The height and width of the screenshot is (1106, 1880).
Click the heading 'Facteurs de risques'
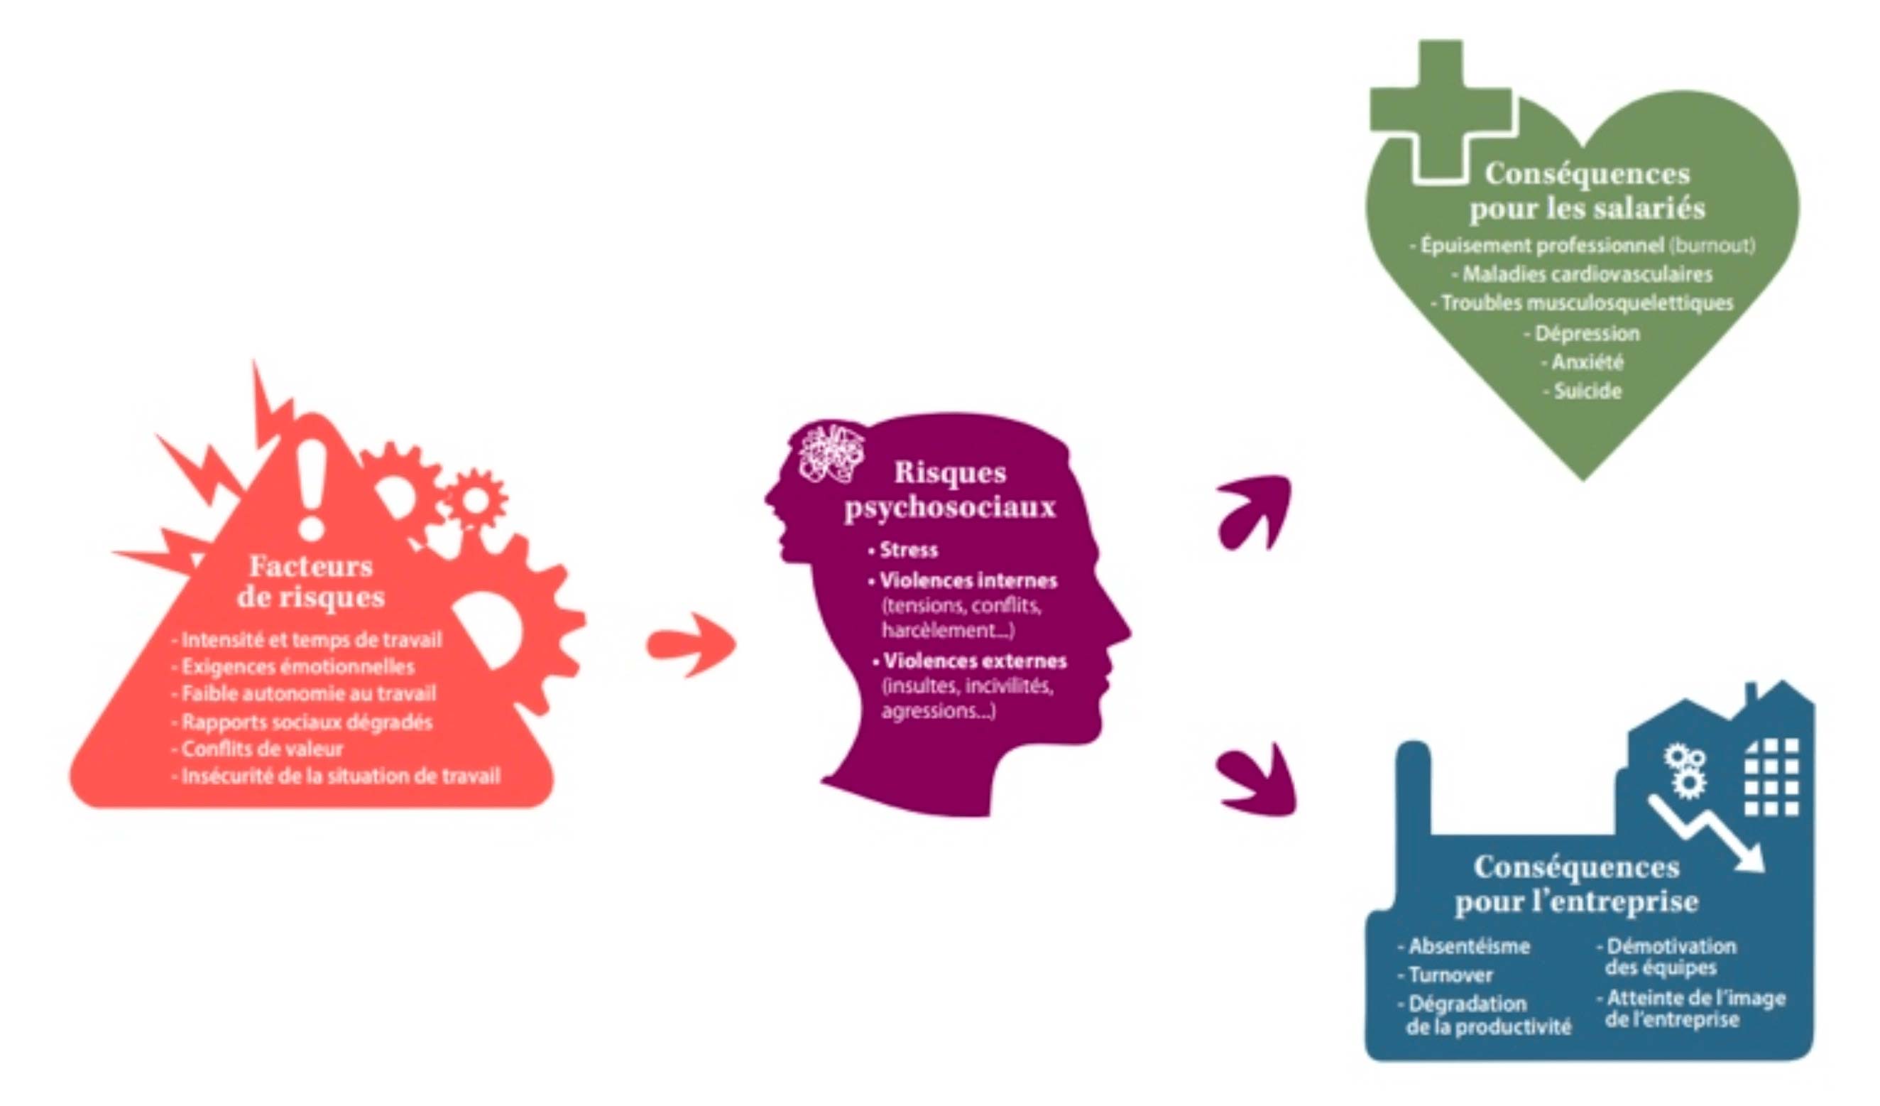click(x=310, y=582)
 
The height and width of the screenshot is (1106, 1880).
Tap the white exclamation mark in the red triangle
click(x=311, y=488)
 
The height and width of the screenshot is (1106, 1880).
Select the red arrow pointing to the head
click(x=691, y=645)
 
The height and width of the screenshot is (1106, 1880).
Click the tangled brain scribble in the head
click(x=831, y=452)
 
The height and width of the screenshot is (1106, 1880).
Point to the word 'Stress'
click(x=909, y=550)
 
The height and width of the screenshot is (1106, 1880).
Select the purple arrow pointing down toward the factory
click(x=1257, y=779)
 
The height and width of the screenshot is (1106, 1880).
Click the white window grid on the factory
click(x=1771, y=778)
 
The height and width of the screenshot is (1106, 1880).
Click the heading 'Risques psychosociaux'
click(x=950, y=489)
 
